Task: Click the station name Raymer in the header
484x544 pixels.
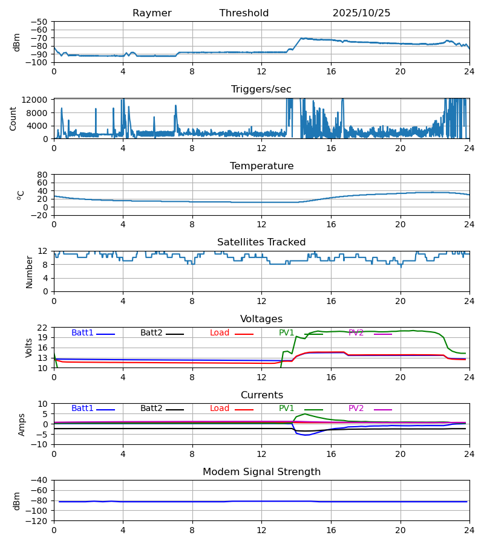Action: [152, 13]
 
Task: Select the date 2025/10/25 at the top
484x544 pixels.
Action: [361, 13]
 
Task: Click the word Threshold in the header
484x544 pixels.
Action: [244, 13]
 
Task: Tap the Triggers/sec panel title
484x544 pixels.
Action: [261, 89]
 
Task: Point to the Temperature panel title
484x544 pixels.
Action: [261, 166]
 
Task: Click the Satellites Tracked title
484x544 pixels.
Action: [261, 242]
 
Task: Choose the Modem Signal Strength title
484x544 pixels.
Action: [261, 472]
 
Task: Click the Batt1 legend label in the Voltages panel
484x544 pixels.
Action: [82, 333]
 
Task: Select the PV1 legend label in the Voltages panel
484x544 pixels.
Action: [286, 333]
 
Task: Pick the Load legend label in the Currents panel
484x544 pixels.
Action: [220, 409]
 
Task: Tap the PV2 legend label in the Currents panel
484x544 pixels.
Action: [356, 409]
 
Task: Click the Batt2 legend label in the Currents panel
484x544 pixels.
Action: [151, 409]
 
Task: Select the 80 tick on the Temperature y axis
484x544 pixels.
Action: [43, 175]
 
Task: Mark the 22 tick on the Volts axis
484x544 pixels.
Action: [43, 328]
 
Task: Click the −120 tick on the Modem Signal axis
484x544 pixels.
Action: [38, 521]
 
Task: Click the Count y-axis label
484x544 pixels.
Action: [13, 118]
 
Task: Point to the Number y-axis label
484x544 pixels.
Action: [30, 271]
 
